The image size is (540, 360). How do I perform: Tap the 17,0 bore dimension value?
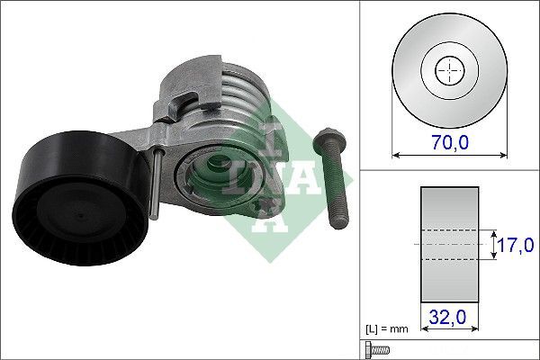point(517,244)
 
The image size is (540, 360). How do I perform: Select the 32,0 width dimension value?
point(448,318)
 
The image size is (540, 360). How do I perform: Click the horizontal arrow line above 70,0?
point(447,154)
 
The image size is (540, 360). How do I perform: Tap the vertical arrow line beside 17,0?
point(493,244)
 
